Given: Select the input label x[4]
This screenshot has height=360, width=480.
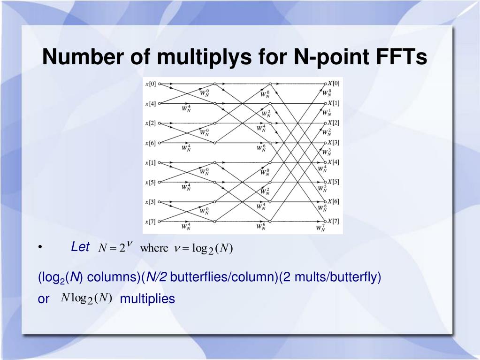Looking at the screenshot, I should click(151, 103).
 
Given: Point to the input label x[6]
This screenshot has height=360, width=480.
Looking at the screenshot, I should click(151, 143).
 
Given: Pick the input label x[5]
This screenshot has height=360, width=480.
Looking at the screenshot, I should click(151, 182).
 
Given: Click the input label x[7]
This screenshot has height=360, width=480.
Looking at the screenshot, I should click(151, 222).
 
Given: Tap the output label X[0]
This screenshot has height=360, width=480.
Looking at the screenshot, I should click(333, 83).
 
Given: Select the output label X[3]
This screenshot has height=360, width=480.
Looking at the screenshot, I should click(333, 142).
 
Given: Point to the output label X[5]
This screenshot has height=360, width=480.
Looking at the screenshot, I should click(333, 182).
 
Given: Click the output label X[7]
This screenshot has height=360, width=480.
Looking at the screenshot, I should click(333, 221).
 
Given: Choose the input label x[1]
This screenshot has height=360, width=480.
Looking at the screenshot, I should click(151, 162).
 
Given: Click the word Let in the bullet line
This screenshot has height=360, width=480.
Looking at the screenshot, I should click(80, 247).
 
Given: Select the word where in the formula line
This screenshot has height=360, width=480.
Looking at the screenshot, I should click(154, 248).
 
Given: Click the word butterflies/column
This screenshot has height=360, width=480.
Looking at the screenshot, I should click(224, 277).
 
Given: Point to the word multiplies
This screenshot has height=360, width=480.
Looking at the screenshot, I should click(147, 299).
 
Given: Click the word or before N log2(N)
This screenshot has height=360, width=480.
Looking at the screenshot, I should click(43, 299).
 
